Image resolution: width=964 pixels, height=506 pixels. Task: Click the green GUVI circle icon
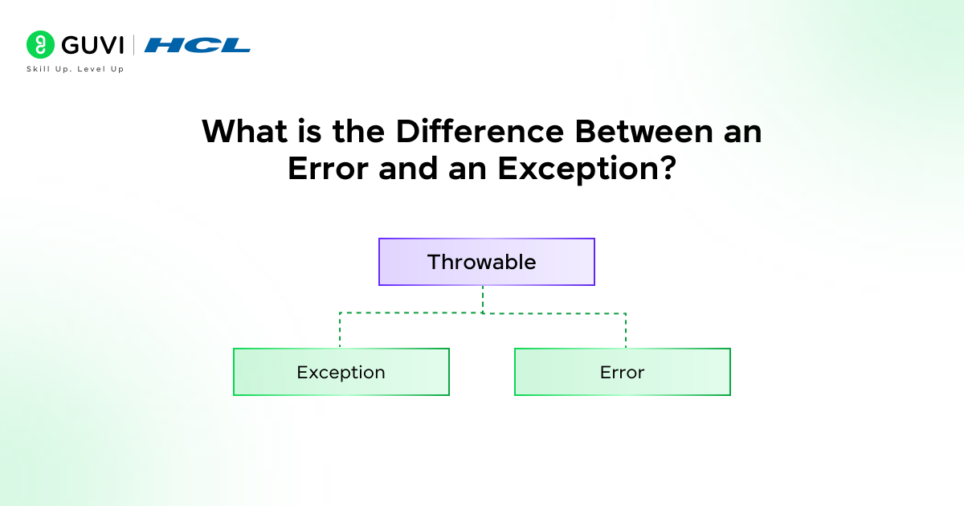tap(40, 45)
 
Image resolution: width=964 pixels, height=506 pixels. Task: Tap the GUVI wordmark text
tap(92, 45)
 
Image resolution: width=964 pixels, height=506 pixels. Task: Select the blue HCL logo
tap(198, 45)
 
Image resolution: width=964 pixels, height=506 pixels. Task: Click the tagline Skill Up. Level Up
tap(76, 69)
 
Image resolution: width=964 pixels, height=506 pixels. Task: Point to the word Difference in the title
tap(480, 131)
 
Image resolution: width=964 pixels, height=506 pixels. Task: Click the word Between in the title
tap(644, 131)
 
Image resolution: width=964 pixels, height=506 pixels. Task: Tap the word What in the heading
tap(244, 131)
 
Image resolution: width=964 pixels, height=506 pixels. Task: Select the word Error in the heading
tap(328, 168)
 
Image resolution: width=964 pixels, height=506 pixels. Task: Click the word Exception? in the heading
tap(587, 170)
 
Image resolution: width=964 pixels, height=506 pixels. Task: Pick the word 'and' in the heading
tap(408, 168)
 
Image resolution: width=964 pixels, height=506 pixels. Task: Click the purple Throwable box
tap(487, 262)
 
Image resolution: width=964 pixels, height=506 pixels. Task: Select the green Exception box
tap(341, 372)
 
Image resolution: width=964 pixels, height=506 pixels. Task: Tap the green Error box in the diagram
tap(623, 372)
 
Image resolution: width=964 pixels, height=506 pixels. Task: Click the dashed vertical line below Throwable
tap(483, 300)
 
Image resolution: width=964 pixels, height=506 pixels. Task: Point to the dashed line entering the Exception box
tap(340, 330)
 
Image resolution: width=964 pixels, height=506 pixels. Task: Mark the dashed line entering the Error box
tap(626, 330)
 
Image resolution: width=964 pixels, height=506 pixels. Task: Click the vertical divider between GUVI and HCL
tap(134, 45)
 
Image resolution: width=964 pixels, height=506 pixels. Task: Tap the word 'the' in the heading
tap(358, 131)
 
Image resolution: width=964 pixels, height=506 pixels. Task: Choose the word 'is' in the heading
tap(309, 131)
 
